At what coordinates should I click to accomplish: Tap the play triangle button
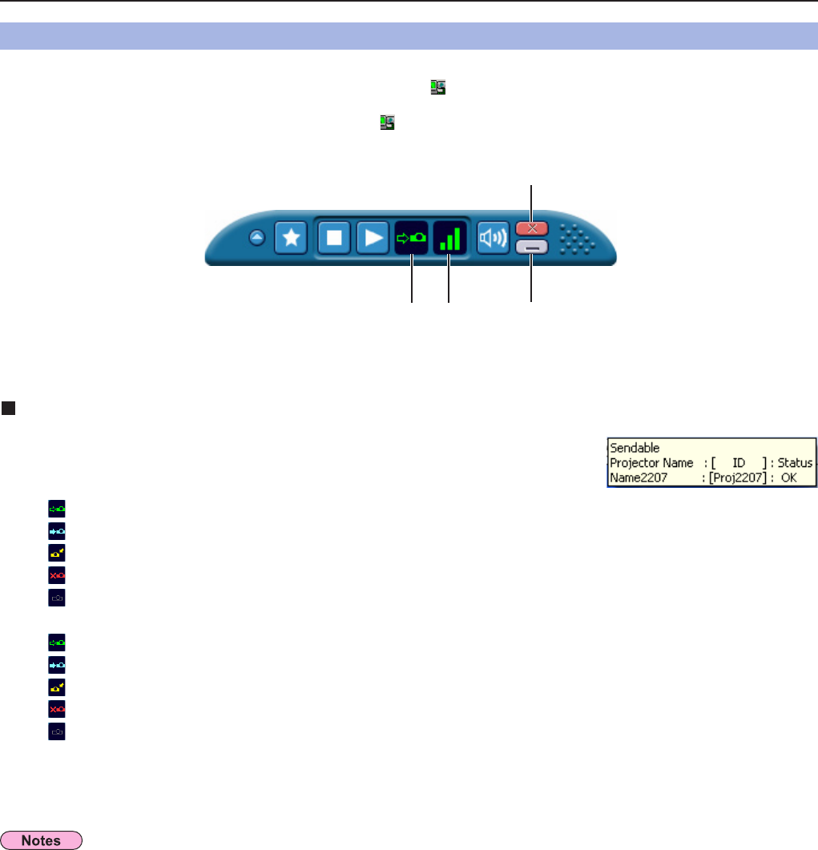coord(372,238)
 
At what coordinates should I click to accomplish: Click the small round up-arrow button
coord(256,237)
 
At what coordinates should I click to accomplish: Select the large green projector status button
coord(412,238)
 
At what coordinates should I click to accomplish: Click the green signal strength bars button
coord(449,238)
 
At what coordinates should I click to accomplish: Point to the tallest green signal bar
coord(457,238)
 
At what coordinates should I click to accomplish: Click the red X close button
coord(531,228)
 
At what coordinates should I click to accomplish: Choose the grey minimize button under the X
coord(531,247)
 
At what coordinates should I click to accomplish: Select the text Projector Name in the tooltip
coord(650,463)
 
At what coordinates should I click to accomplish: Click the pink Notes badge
coord(43,841)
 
